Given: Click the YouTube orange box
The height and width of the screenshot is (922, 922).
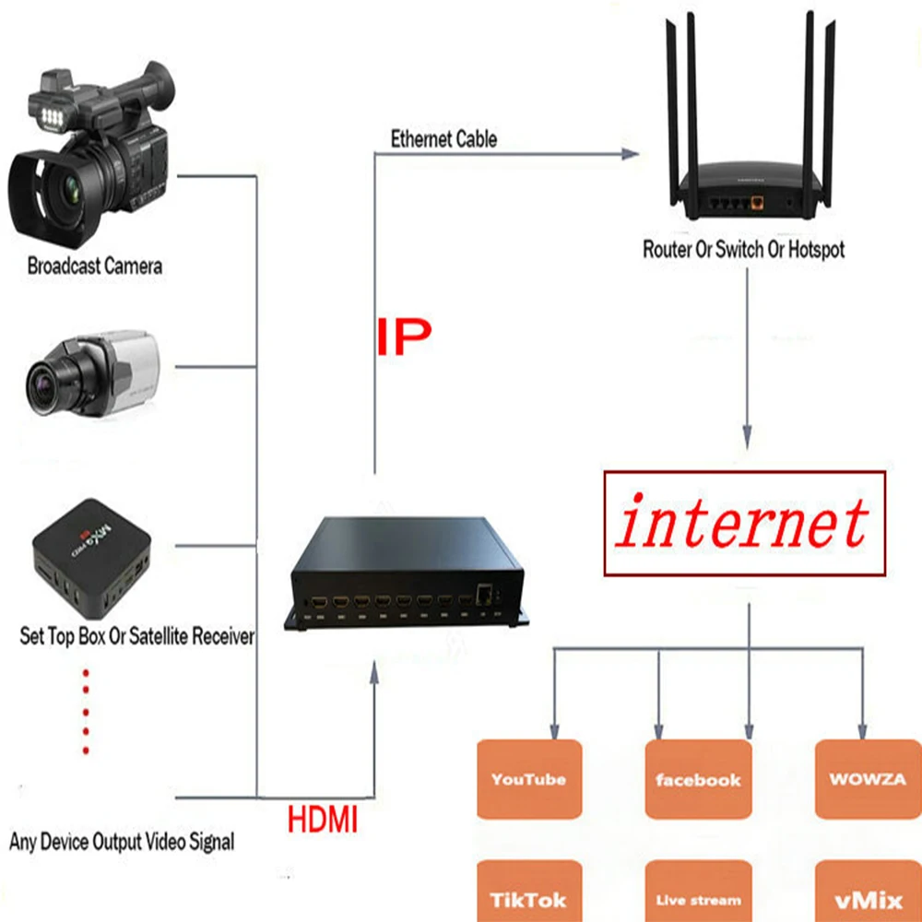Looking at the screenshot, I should pos(528,779).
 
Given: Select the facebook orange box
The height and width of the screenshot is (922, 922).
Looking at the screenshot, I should pos(698,779).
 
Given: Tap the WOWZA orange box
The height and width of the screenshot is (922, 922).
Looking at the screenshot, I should pos(868,779).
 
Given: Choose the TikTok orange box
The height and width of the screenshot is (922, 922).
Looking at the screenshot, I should pos(528,894).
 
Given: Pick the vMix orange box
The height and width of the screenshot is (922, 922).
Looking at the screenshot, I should pos(868,894).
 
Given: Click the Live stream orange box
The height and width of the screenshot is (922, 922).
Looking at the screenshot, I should pos(698,894).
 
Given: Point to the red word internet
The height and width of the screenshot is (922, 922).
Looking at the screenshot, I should pos(743,524).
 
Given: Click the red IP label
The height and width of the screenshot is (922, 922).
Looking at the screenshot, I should pos(403,338).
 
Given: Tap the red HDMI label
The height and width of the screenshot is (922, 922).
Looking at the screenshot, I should pos(322,820).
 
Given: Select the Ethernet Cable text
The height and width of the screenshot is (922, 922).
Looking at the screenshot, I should pos(443,139).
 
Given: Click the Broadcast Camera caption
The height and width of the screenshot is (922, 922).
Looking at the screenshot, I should pos(95,266).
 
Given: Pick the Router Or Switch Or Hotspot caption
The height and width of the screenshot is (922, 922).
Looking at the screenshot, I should pos(743,249).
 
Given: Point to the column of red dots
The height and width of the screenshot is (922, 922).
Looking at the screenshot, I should pos(87,711).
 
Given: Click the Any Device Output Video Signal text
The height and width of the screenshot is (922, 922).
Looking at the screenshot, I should pos(122,841).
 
